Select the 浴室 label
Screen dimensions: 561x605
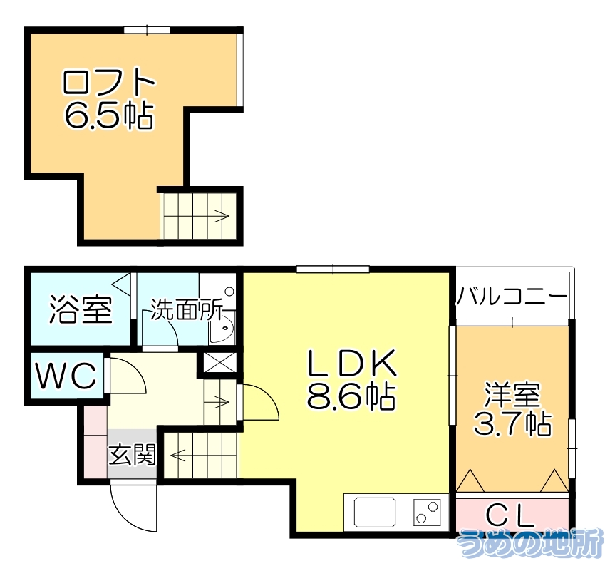(x=81, y=310)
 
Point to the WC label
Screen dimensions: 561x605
(x=66, y=376)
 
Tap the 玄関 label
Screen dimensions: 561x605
(x=132, y=454)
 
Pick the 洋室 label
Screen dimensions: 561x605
(x=512, y=394)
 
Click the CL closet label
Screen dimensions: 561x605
(x=512, y=515)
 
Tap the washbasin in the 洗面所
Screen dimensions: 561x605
(x=222, y=331)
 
